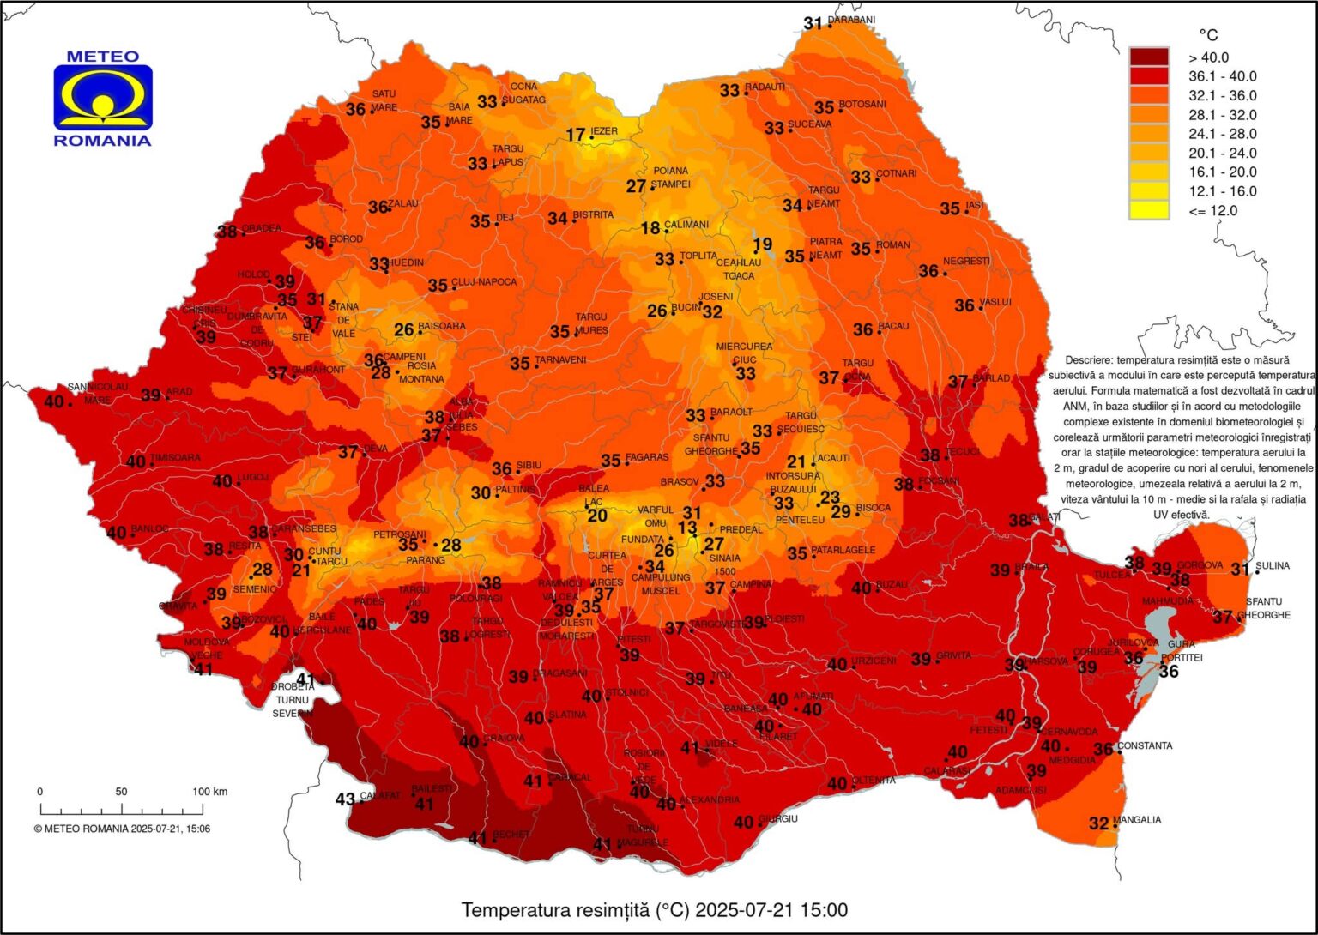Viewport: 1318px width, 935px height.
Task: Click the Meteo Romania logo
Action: (103, 98)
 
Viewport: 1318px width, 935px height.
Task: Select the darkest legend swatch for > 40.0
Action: (1148, 57)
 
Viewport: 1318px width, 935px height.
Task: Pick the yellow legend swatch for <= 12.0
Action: (1148, 210)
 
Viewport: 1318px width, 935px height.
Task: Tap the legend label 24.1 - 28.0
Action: (1222, 134)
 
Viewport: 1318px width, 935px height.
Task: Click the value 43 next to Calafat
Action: (345, 799)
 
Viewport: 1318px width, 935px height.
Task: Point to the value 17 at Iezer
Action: (576, 135)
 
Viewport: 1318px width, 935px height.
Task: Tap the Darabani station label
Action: (851, 21)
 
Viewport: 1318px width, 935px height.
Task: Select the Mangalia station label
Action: (1137, 820)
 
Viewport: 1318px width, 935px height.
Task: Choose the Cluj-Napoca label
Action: (484, 282)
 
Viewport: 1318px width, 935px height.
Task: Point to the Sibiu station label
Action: (529, 465)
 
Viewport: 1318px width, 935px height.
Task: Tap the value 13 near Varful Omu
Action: (687, 528)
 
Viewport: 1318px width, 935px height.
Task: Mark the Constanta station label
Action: (1145, 745)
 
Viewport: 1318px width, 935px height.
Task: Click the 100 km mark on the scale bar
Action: (209, 792)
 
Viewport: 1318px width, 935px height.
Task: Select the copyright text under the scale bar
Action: (122, 829)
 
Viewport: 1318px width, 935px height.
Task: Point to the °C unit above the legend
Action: (1207, 35)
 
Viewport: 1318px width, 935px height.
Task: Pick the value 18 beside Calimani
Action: (651, 228)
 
